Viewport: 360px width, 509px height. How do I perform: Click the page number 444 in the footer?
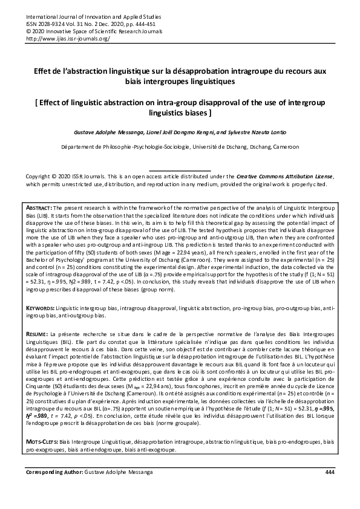(x=330, y=472)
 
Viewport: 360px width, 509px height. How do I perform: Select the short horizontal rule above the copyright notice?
(x=180, y=170)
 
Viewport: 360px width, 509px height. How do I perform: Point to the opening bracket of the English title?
(x=39, y=102)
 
